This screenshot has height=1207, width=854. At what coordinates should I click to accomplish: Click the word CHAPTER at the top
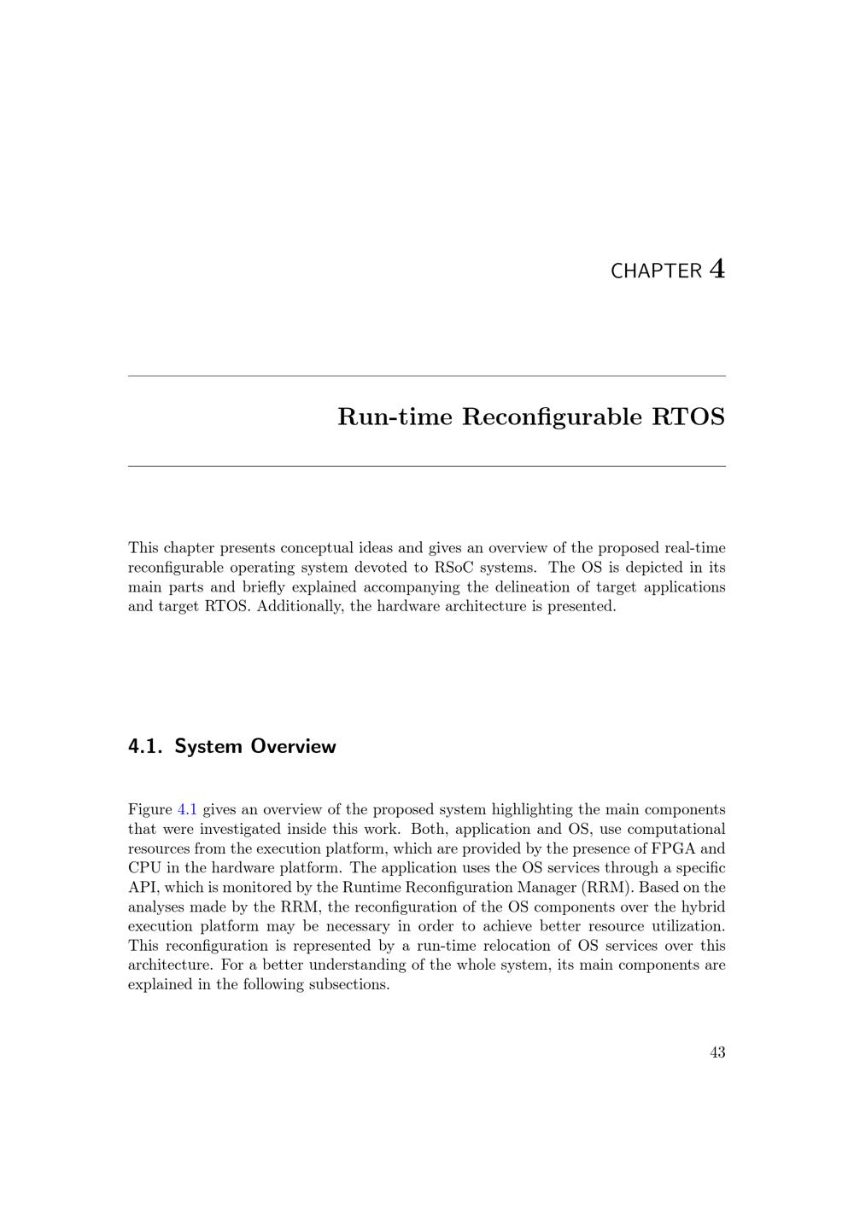click(x=656, y=271)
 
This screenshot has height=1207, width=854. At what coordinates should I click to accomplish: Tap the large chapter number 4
click(x=717, y=269)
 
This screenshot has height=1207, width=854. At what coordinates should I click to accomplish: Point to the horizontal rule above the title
click(x=427, y=376)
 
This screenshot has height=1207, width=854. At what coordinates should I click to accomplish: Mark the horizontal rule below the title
click(x=427, y=466)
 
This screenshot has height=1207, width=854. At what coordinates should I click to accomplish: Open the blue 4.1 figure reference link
click(x=187, y=809)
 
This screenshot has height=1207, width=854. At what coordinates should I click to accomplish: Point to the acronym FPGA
click(x=674, y=848)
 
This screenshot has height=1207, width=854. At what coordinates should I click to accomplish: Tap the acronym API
click(x=143, y=888)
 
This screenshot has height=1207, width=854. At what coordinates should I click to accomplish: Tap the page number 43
click(x=717, y=1052)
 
